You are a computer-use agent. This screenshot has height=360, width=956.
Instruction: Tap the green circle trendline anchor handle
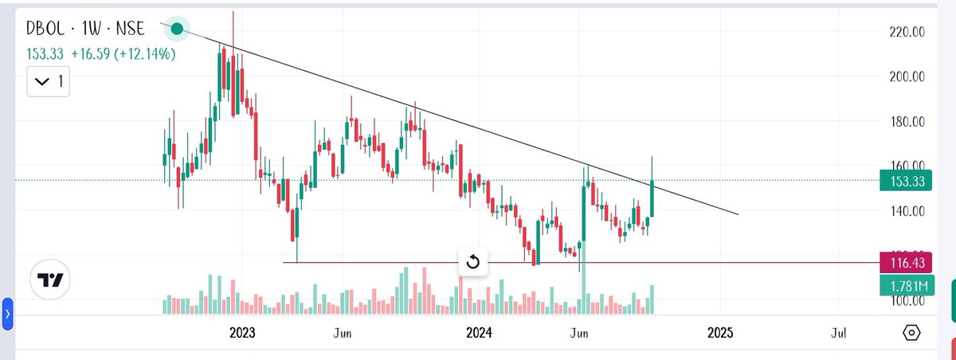click(177, 29)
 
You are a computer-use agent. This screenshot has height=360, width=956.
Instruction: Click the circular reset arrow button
click(472, 262)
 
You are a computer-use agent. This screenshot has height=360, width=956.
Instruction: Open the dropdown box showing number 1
click(49, 80)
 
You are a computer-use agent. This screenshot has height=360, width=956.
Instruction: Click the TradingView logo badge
click(51, 280)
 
